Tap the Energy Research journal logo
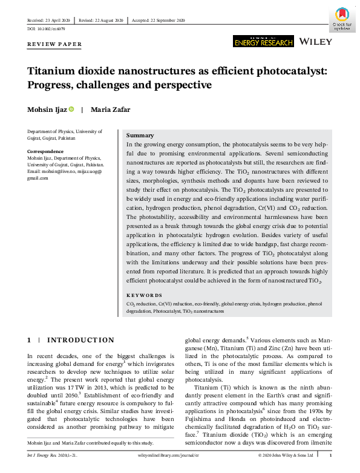pos(263,41)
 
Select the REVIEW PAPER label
pos(54,44)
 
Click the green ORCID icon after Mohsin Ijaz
pos(71,109)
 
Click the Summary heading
pos(140,135)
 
